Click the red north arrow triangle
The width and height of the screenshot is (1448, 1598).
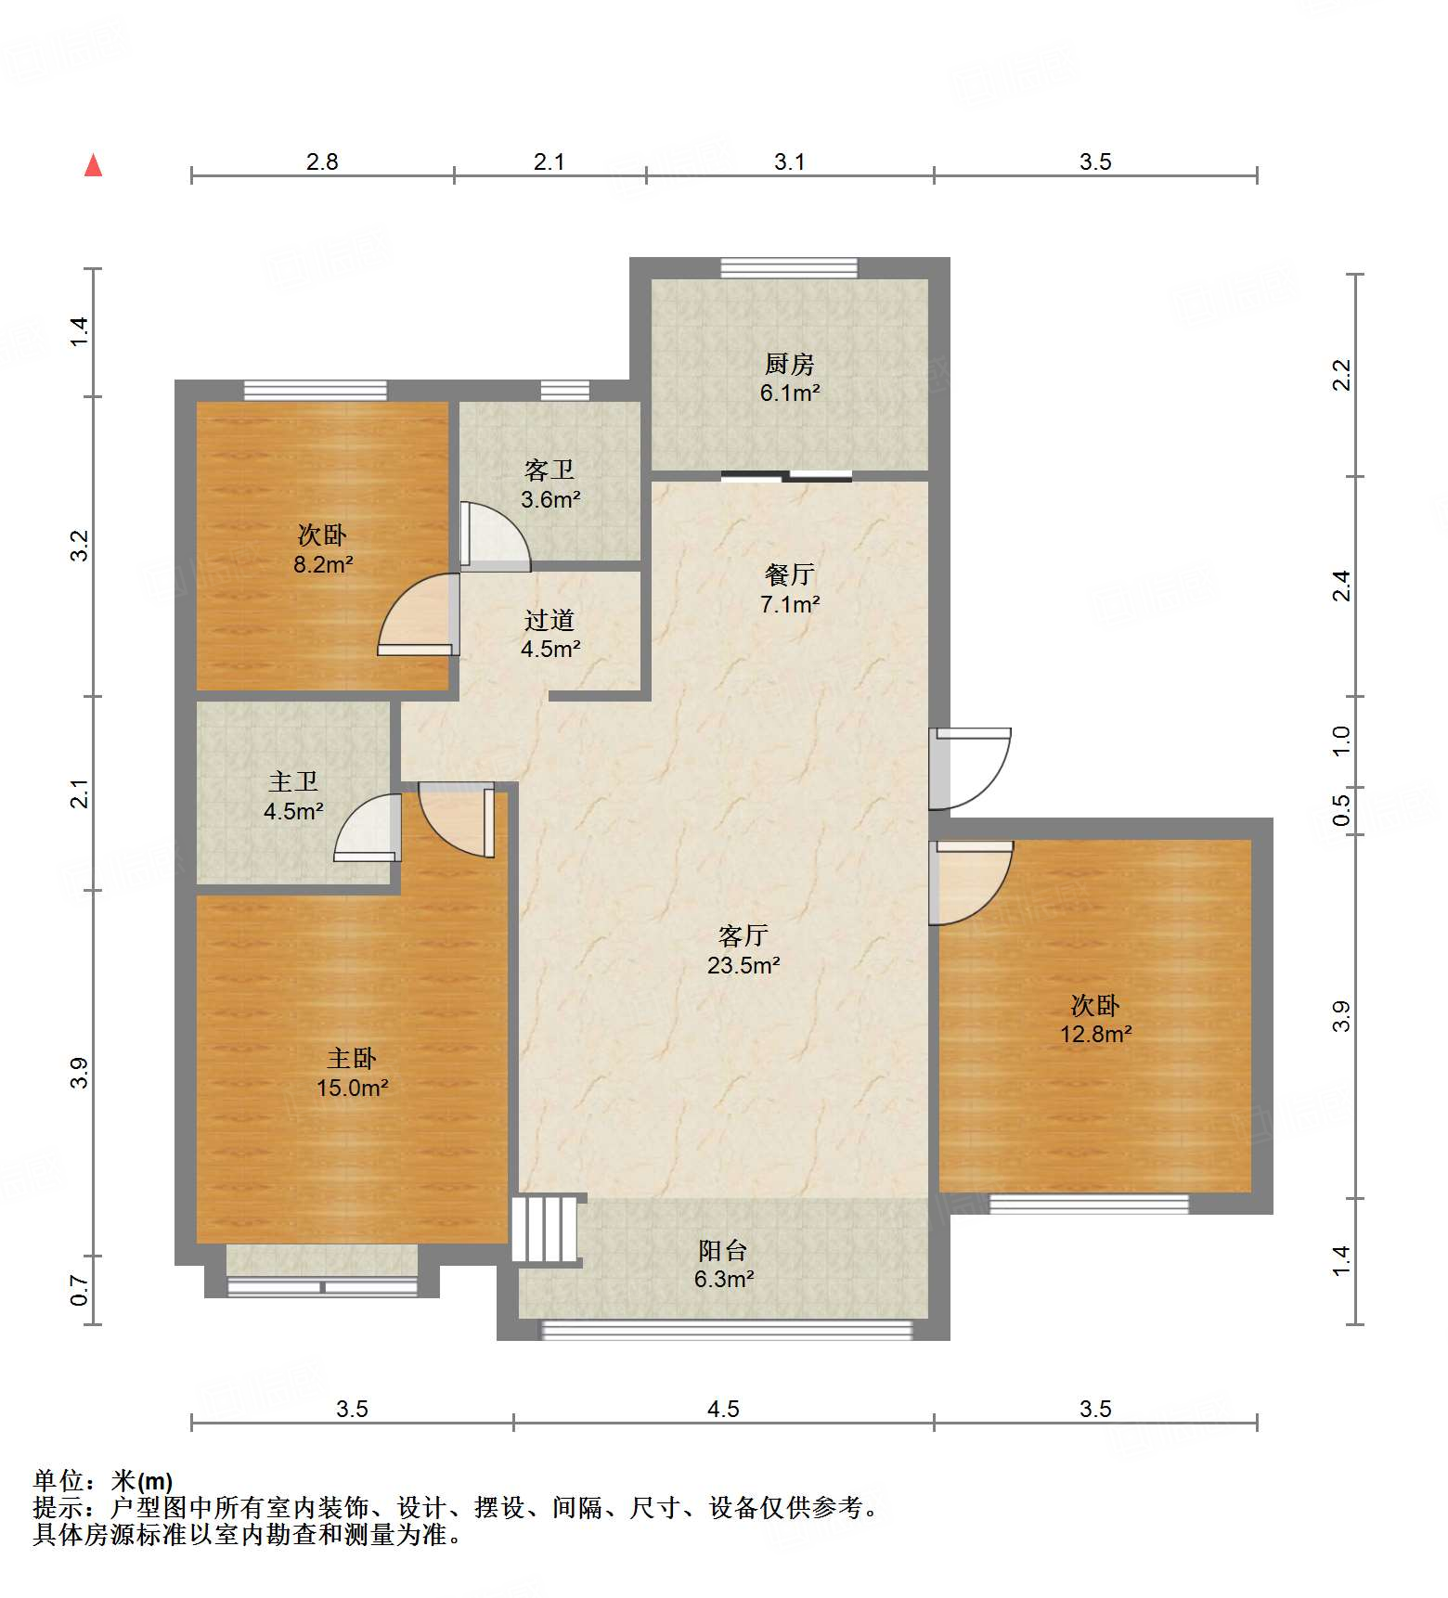point(93,165)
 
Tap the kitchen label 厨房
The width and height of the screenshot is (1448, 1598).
point(789,364)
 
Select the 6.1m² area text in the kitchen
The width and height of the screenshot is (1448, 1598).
point(789,393)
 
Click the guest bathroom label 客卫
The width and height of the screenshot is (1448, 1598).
point(549,470)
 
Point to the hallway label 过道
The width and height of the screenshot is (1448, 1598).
point(549,620)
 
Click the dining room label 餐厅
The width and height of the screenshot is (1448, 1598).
point(789,574)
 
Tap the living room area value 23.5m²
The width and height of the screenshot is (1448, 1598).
point(743,965)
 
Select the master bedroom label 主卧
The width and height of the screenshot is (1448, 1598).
point(351,1058)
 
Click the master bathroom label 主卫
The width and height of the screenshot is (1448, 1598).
point(292,782)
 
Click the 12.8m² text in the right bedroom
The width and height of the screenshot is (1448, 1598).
point(1095,1034)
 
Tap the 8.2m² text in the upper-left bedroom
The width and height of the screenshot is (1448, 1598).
point(322,563)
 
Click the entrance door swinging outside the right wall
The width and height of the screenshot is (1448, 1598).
point(972,768)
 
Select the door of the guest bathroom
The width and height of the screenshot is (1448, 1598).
point(495,536)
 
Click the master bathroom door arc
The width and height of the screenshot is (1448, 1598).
point(367,828)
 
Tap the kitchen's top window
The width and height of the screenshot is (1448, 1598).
point(789,268)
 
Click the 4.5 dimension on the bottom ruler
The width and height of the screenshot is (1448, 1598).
point(723,1410)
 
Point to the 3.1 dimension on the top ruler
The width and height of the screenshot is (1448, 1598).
point(789,162)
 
